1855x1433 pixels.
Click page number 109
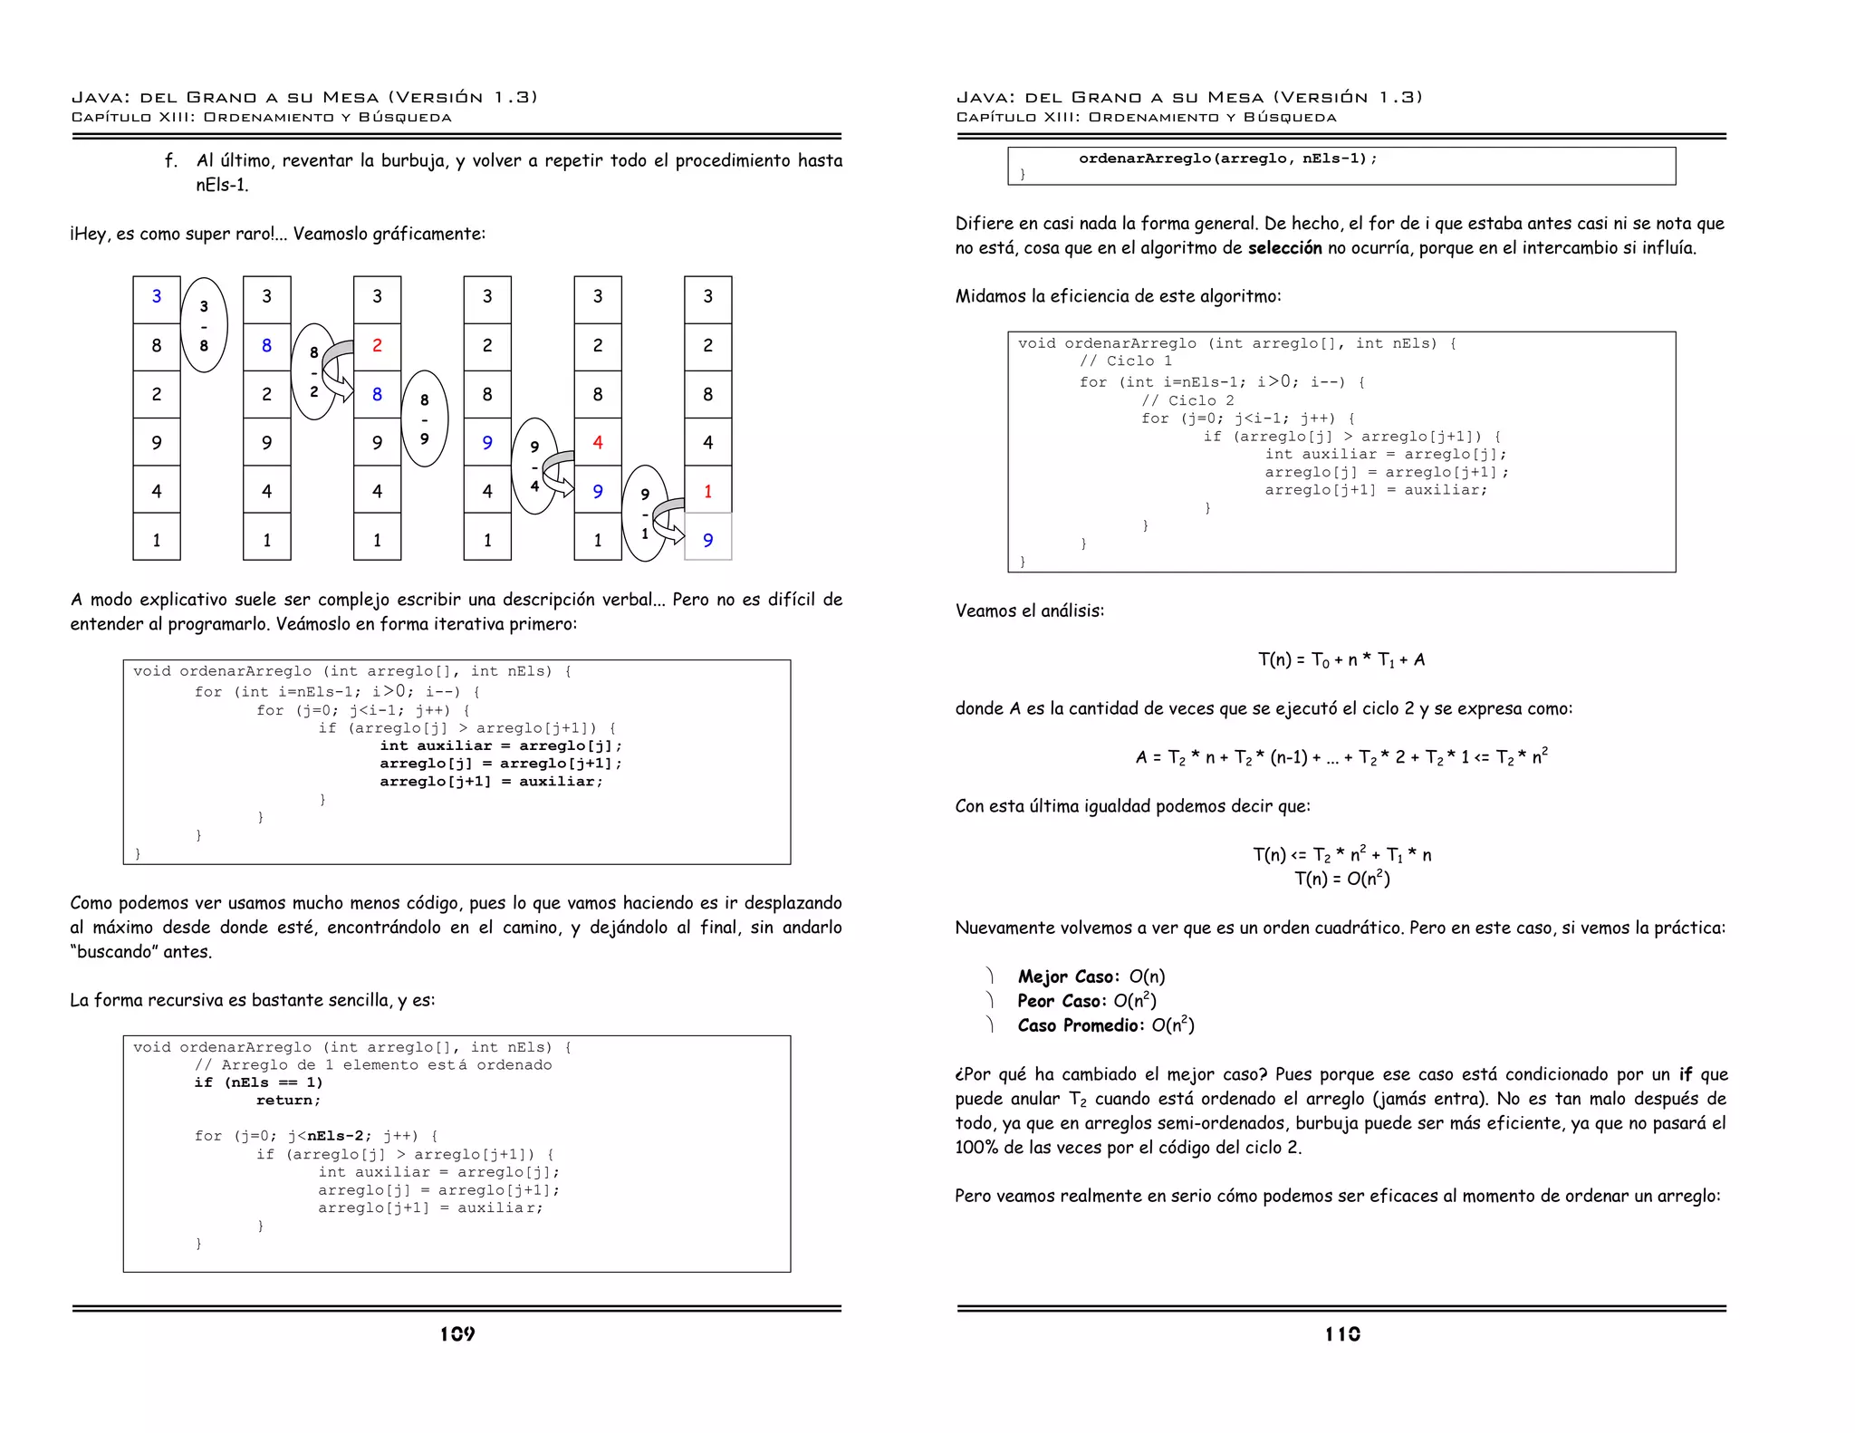457,1333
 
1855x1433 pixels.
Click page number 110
1342,1333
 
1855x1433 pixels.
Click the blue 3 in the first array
157,296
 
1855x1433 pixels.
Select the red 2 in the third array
377,345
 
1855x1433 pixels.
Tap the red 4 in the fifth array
598,442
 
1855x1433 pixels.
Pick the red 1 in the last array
707,491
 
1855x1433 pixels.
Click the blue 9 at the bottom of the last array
707,540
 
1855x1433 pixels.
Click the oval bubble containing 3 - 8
204,325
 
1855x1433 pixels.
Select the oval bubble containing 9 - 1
645,514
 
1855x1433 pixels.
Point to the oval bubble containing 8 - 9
424,418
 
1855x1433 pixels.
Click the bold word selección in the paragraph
1284,248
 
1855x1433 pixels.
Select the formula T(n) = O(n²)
1341,879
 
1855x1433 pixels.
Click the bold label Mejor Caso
1067,976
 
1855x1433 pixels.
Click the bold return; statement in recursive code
288,1101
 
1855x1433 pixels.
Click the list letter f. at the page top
171,161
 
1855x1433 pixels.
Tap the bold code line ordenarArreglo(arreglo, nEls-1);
1227,159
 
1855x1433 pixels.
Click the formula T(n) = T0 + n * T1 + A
1341,659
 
